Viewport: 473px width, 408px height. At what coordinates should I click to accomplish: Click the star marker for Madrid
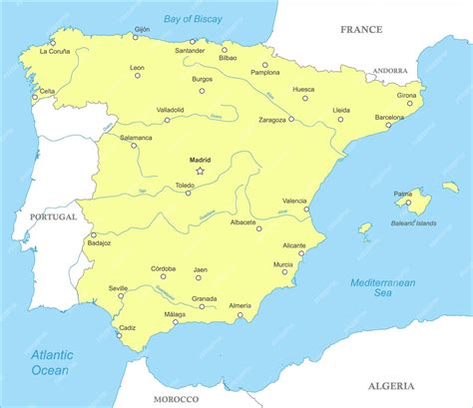coord(200,172)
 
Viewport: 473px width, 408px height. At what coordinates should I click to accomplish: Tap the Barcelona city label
coord(389,117)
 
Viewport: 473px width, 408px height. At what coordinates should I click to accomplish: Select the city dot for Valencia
coord(306,209)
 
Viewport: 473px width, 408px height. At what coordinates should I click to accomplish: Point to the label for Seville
coord(118,287)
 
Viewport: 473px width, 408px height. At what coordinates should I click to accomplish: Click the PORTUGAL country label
coord(53,216)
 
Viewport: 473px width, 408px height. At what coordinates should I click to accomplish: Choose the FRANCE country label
coord(360,30)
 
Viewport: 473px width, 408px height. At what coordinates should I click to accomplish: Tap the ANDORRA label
coord(389,71)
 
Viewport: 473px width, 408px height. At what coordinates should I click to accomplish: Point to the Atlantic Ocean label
coord(50,362)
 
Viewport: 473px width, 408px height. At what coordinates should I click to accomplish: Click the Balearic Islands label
coord(413,223)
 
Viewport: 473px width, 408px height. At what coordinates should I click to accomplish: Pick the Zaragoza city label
coord(272,119)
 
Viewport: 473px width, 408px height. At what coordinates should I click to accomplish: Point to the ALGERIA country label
coord(390,384)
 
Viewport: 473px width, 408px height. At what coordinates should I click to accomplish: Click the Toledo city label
coord(185,185)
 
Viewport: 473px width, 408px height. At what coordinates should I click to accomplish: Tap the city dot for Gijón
coord(136,38)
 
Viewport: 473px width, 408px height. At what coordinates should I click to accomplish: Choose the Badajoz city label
coord(100,242)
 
